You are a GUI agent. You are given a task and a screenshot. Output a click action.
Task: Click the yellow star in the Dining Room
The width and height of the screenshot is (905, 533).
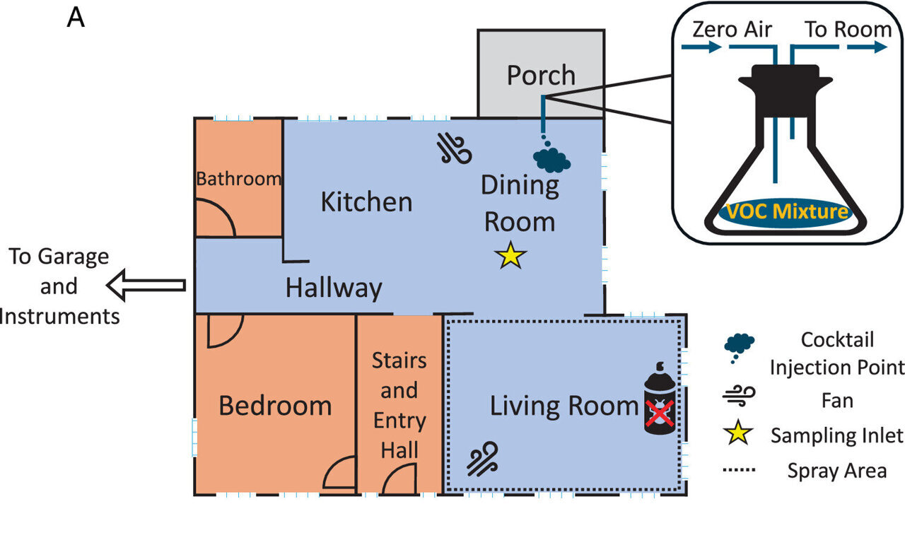click(x=510, y=256)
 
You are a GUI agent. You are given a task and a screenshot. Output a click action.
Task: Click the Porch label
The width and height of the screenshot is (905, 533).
click(x=541, y=75)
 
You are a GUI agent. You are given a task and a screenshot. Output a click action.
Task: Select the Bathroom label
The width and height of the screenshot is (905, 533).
click(x=238, y=179)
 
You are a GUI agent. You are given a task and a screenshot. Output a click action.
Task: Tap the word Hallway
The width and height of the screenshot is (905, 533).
click(x=333, y=288)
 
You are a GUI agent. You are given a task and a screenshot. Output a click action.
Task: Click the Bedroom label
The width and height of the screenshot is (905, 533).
click(x=275, y=406)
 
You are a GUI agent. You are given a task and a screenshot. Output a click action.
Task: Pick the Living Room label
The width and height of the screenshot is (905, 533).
click(x=564, y=406)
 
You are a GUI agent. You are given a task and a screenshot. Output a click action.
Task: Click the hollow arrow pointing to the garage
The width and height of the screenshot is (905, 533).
click(x=146, y=286)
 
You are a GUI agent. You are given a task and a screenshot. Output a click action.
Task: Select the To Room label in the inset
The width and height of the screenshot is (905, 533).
click(x=848, y=30)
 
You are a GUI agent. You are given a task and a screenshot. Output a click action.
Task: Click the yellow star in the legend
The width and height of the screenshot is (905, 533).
click(x=738, y=434)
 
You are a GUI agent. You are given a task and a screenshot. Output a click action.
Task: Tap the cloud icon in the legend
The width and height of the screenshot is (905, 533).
click(x=739, y=344)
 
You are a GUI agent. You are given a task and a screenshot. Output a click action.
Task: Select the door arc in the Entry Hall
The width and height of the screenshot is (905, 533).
click(x=396, y=481)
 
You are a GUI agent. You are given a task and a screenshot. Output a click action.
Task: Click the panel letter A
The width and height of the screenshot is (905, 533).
click(x=76, y=18)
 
